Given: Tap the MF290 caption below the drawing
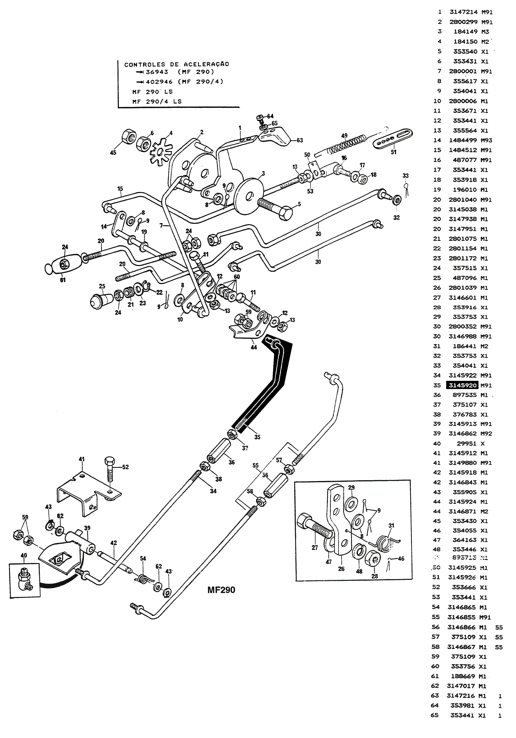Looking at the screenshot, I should coord(221,590).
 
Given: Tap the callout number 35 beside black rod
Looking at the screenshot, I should coord(257,437).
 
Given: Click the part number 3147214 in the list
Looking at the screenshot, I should coord(463,12).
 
